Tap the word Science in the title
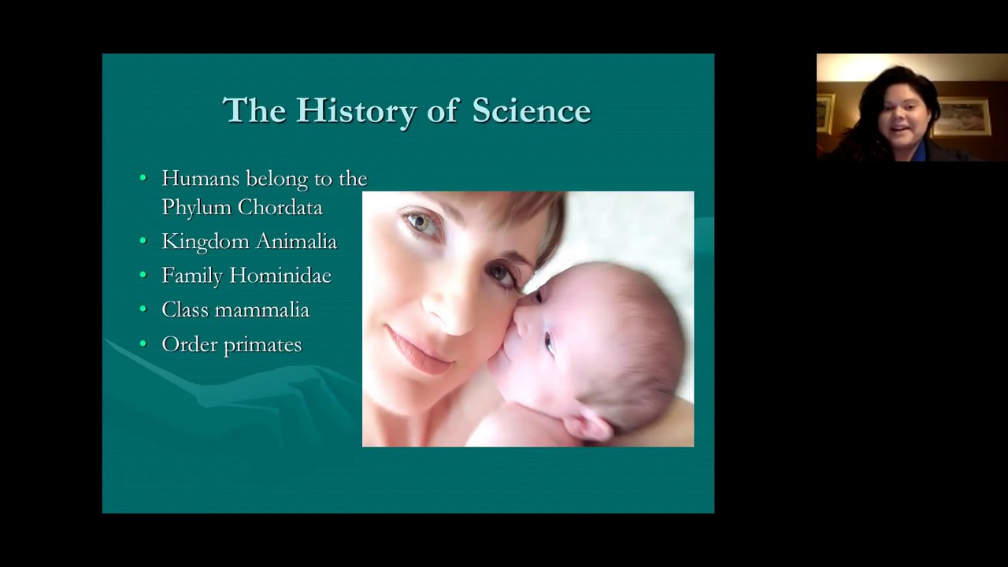point(531,111)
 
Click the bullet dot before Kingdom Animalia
point(143,241)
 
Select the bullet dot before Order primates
point(143,344)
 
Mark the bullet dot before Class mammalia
point(143,309)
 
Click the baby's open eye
point(547,343)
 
